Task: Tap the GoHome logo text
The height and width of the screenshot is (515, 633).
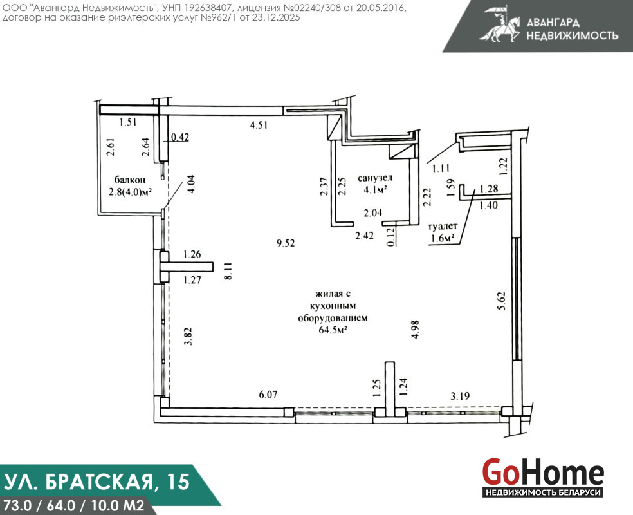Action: point(543,472)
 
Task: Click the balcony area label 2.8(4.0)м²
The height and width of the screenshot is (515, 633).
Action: point(130,192)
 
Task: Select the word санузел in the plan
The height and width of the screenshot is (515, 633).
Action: point(375,178)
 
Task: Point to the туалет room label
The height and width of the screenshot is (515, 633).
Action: point(443,226)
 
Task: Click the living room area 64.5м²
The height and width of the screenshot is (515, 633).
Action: point(333,330)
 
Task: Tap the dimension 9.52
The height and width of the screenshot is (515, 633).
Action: point(286,243)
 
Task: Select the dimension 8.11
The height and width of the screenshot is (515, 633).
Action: point(228,271)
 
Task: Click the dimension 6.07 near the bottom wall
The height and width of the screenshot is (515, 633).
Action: point(268,394)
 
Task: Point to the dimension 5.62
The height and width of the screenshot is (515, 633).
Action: point(501,301)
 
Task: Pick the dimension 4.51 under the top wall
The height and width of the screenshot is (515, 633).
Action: point(259,125)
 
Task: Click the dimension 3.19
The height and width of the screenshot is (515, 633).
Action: point(460,396)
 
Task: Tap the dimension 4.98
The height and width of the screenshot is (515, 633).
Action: point(415,329)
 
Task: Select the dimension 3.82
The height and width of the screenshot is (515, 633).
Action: point(187,336)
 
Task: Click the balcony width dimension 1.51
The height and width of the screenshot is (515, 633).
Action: point(128,122)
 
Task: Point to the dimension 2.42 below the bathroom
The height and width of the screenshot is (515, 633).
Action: point(364,235)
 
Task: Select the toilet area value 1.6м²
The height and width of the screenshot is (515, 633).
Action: point(443,238)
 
